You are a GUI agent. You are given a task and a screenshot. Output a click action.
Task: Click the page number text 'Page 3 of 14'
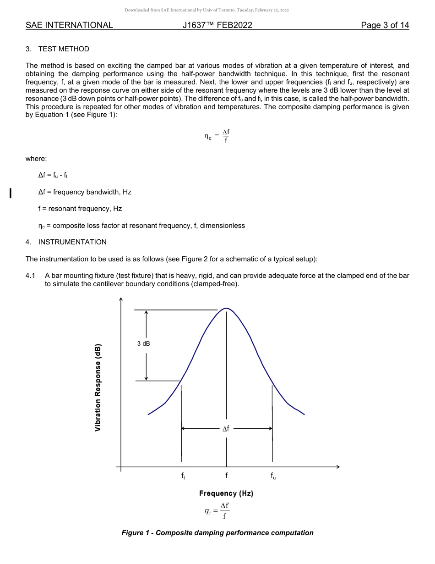(385, 25)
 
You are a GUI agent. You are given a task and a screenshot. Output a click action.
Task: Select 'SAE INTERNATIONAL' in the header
(69, 25)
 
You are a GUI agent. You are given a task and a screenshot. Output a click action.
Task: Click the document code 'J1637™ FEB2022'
(217, 25)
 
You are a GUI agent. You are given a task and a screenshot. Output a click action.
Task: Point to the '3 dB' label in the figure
(143, 344)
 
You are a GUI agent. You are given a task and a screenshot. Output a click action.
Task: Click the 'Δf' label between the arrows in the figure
(226, 429)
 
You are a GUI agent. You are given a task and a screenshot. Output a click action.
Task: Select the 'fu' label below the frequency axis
(273, 476)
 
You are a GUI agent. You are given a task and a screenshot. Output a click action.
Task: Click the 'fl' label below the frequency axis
(183, 476)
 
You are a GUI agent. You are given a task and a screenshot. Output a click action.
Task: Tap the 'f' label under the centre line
(227, 476)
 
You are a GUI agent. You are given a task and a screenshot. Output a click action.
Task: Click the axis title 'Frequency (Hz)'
(226, 493)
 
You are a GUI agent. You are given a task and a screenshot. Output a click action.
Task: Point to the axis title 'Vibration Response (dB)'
(98, 387)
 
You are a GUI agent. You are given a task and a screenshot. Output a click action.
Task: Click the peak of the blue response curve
(226, 308)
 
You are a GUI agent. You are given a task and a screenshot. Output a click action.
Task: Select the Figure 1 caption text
(217, 533)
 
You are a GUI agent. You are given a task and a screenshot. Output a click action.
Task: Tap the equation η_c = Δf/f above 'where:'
(217, 136)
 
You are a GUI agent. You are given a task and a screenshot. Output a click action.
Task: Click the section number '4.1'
(31, 276)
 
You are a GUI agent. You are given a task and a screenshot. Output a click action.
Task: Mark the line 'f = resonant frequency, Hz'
(80, 209)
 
